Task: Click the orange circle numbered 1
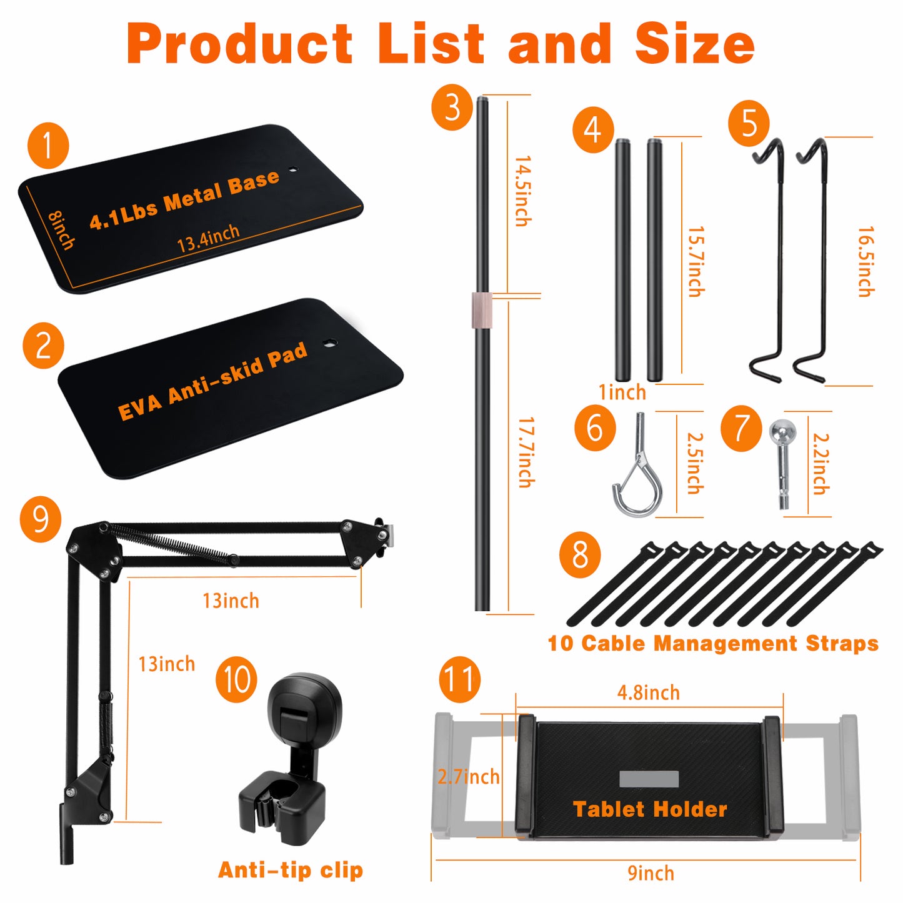[48, 146]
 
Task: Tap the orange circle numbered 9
[41, 519]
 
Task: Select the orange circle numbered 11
[460, 679]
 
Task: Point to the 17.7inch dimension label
[526, 452]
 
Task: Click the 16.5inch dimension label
[866, 261]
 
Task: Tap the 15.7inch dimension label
[696, 261]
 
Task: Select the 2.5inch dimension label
[695, 463]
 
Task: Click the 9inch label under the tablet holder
[651, 873]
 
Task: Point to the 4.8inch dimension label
[648, 692]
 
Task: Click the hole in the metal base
[293, 169]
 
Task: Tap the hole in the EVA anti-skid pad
[329, 342]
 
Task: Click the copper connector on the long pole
[482, 309]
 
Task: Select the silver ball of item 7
[782, 431]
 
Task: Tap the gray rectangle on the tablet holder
[649, 779]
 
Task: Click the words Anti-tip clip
[290, 870]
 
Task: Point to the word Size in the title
[695, 44]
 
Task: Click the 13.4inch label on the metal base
[208, 238]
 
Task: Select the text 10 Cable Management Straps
[713, 643]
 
